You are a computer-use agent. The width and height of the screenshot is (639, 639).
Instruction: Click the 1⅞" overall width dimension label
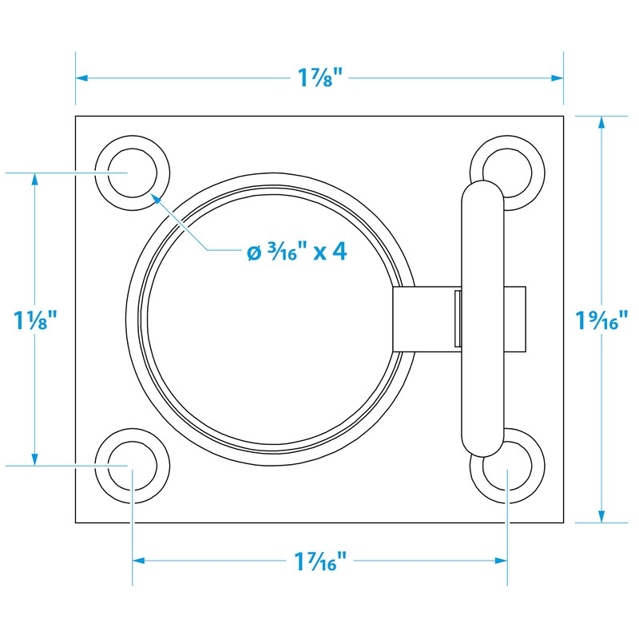(319, 78)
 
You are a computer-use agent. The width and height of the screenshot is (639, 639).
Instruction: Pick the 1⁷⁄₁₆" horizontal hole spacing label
(319, 562)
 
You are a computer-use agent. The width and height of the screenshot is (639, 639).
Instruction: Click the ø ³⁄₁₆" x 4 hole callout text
(296, 252)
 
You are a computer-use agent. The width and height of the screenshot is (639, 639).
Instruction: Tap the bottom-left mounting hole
(133, 466)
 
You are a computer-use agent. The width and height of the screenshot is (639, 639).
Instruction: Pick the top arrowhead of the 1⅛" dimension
(34, 178)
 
